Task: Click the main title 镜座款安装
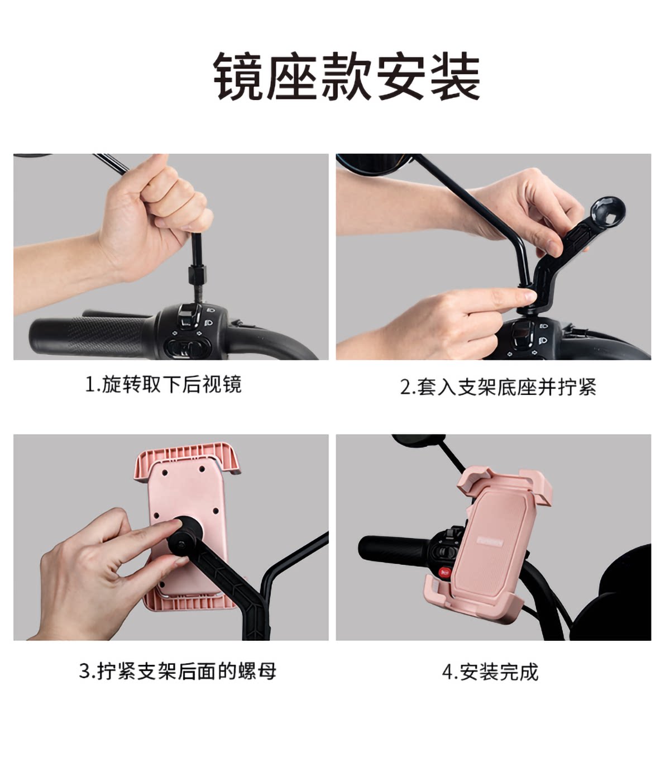tap(346, 76)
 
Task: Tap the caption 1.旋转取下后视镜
tap(163, 385)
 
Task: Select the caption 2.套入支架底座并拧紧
tap(498, 387)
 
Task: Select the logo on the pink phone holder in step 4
tap(490, 542)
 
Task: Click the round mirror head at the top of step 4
tap(418, 440)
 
